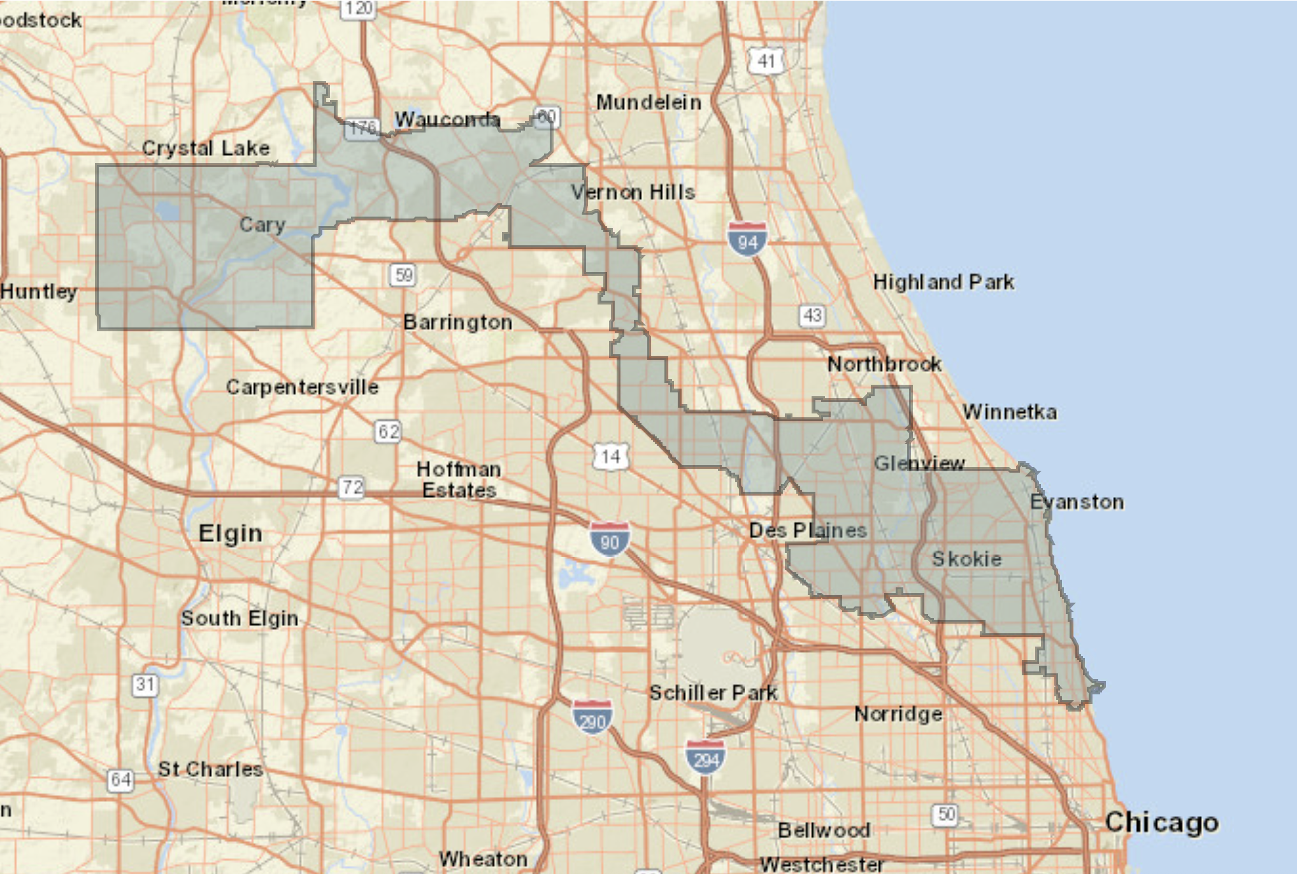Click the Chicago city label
pos(1162,822)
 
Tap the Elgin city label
pos(230,533)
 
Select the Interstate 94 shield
pos(747,240)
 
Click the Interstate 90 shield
pos(610,540)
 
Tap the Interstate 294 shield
pos(705,757)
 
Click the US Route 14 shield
pos(610,456)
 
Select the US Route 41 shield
pos(766,61)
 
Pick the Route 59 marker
pos(403,275)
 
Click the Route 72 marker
pos(352,487)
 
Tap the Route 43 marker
pos(812,315)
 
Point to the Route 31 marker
pos(145,685)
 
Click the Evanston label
pos(1077,502)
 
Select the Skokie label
pos(966,559)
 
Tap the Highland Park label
pos(943,282)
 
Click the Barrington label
pos(457,322)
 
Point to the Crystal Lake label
pos(206,148)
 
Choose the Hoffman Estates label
pos(459,480)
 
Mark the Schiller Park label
pos(713,692)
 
